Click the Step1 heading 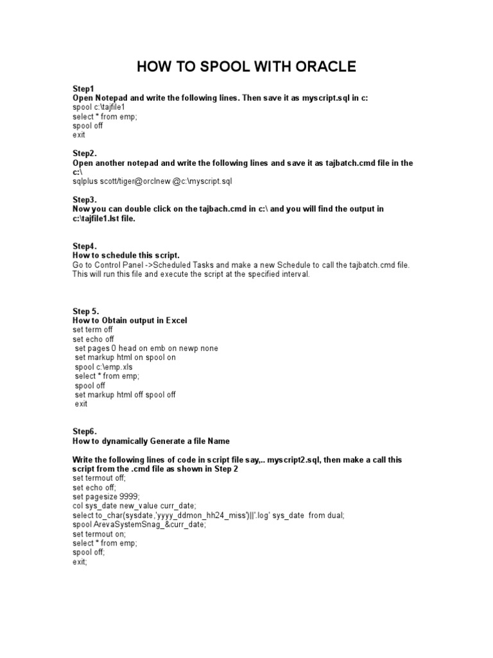tap(83, 89)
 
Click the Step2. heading tap(85, 154)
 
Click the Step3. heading tap(85, 200)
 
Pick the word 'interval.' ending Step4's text tap(292, 274)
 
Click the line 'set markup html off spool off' tap(125, 395)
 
